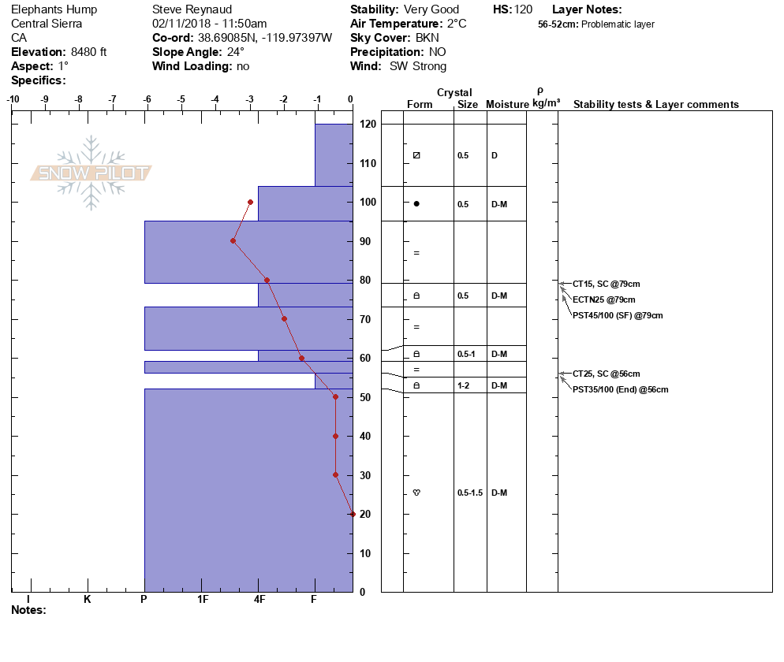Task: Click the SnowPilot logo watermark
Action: (x=91, y=173)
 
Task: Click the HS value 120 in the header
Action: (x=523, y=9)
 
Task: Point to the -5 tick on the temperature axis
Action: (x=181, y=99)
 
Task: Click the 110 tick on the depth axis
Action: (x=367, y=163)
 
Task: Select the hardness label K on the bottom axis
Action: (x=87, y=600)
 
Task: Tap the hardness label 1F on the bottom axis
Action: (x=203, y=600)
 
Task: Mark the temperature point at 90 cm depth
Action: (x=233, y=240)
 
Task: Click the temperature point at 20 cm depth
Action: (x=353, y=514)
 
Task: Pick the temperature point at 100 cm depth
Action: (x=250, y=202)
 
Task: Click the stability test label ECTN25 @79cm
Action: (x=603, y=299)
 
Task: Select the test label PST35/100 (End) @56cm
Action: (x=621, y=389)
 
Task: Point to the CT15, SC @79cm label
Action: (x=606, y=284)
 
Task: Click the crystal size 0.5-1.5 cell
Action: (x=469, y=493)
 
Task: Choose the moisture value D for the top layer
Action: (x=495, y=155)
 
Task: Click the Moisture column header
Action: (x=506, y=105)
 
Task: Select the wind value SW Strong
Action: (x=418, y=66)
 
